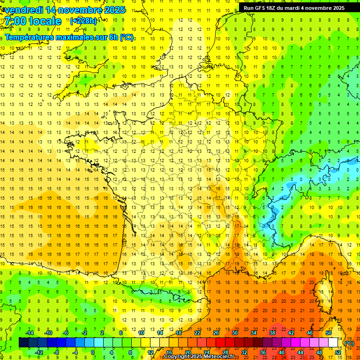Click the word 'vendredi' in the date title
(22, 10)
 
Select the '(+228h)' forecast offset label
(83, 21)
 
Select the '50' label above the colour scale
(329, 332)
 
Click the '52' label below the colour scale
(338, 352)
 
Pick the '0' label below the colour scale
(93, 352)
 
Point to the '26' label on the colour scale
(216, 332)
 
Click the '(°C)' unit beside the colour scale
(349, 343)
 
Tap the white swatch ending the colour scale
(333, 343)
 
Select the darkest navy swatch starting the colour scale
(23, 343)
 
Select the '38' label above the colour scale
(272, 332)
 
